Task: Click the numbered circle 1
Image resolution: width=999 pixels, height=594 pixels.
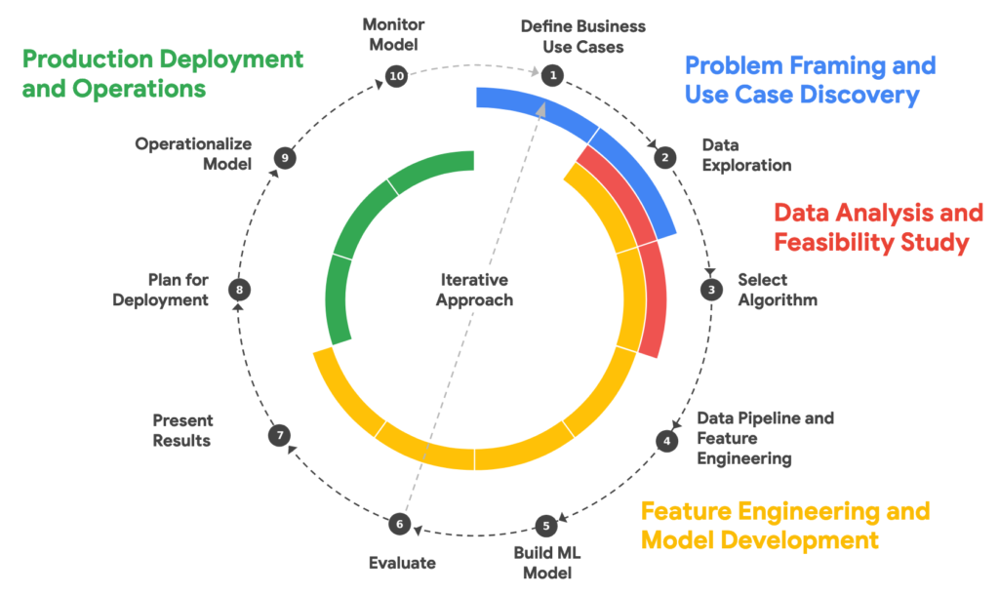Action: pos(552,75)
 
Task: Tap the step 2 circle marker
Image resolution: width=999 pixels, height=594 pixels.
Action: pos(665,157)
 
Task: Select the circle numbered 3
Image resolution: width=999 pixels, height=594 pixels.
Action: pos(711,290)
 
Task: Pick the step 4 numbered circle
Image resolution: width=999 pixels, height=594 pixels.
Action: pos(667,441)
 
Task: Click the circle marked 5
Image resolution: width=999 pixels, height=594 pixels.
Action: pos(546,526)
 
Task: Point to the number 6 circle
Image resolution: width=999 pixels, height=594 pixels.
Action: pos(400,524)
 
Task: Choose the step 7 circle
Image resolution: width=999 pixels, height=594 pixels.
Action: pos(280,435)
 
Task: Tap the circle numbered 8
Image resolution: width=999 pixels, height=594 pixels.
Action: pos(240,290)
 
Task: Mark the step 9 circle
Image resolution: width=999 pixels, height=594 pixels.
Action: pos(285,158)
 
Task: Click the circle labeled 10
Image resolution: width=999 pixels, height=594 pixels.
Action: pos(396,76)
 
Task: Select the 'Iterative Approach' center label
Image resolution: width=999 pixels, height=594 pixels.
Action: pos(475,290)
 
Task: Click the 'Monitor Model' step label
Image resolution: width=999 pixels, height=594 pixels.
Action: pos(394,34)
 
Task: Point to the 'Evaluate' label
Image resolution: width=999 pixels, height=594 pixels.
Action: pos(402,563)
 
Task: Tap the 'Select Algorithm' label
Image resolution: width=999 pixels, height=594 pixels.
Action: pos(778,290)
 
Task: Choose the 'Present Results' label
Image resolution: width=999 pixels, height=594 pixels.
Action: pos(182,430)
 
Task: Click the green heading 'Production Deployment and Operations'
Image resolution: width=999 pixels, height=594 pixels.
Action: pos(163,73)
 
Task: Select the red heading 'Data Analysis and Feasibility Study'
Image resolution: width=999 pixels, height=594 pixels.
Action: pos(879,227)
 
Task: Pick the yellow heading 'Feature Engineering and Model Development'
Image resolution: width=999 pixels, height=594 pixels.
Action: pos(785,526)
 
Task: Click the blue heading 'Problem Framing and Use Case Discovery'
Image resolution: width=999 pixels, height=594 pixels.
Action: pos(811,80)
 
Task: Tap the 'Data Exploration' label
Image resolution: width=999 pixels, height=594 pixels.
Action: pos(746,155)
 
